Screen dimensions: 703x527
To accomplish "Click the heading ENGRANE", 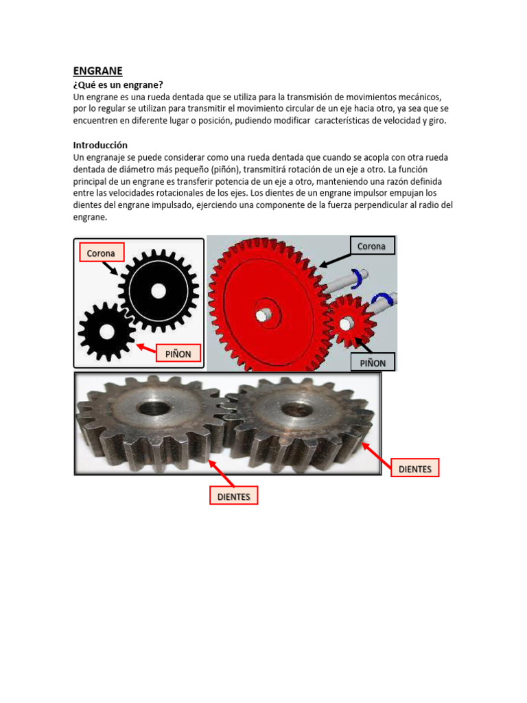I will click(x=97, y=70).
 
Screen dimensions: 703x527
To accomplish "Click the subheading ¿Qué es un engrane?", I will click(x=118, y=84).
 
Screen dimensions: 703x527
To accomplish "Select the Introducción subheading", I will click(x=100, y=145).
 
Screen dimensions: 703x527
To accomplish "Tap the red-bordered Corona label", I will click(x=101, y=253).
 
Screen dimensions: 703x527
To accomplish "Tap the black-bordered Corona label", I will click(x=372, y=246).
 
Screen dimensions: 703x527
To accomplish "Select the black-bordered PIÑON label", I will click(x=373, y=362).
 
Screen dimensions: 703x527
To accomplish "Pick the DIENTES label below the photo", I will click(x=233, y=496).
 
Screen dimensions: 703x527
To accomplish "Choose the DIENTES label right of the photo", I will click(x=414, y=469).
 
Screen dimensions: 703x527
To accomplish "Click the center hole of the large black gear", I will click(x=158, y=291).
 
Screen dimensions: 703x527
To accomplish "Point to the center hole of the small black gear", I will click(x=106, y=332).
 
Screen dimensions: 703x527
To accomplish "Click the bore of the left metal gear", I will click(x=150, y=407).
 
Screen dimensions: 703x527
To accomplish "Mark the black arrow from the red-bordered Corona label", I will click(x=110, y=268).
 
